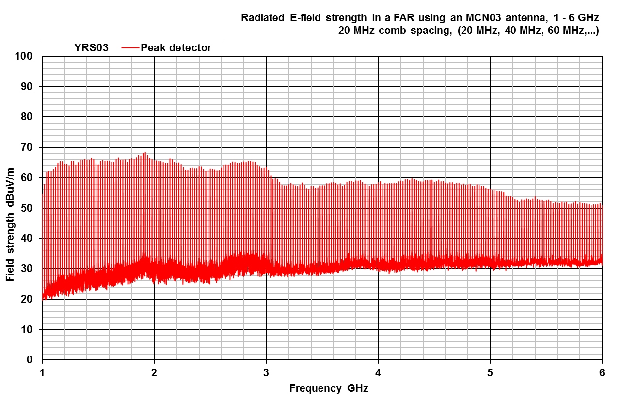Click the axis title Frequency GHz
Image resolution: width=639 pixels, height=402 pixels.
click(322, 388)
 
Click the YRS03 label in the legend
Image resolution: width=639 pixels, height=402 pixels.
click(91, 48)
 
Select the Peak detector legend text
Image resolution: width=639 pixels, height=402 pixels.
click(176, 48)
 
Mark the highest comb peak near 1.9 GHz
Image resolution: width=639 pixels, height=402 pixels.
click(144, 152)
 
